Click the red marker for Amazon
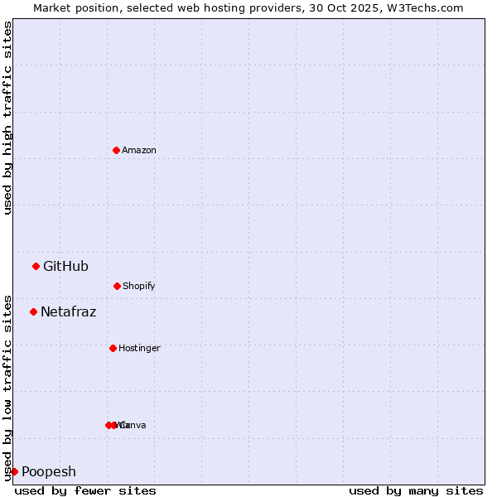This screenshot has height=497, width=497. tap(116, 150)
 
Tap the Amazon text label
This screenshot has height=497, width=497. tap(139, 150)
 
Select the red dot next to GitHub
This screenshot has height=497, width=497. tap(36, 266)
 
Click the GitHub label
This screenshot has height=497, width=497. tap(65, 266)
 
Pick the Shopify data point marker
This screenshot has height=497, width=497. tap(117, 286)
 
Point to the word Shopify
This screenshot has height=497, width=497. tap(139, 286)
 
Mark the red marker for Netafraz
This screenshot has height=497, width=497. tap(33, 311)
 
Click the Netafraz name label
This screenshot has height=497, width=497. tap(68, 311)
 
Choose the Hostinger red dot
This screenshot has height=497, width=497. tap(113, 348)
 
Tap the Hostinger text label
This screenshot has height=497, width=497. tap(139, 348)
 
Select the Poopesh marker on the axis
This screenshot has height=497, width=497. tap(14, 471)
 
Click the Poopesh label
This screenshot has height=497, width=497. tap(49, 471)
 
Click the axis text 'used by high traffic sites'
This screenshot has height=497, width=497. tap(8, 118)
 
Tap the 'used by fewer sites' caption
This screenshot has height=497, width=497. tap(85, 490)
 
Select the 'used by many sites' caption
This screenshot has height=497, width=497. tap(416, 490)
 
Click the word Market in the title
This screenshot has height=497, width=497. tap(52, 7)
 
